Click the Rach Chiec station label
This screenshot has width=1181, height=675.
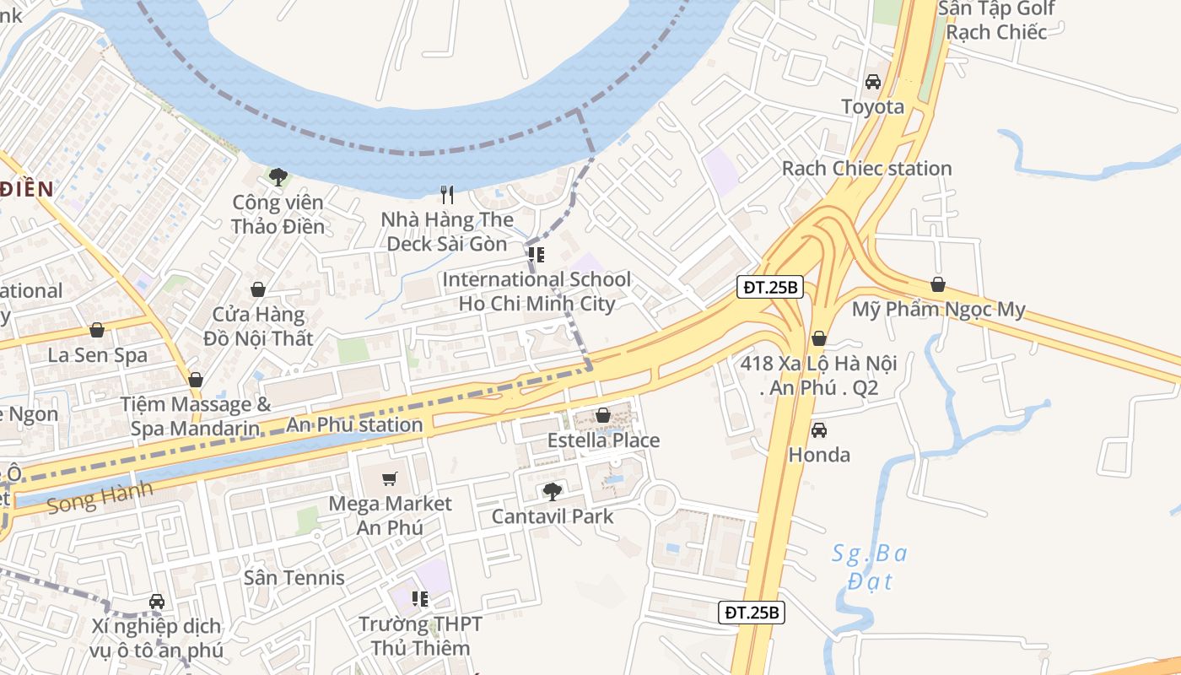[x=866, y=168]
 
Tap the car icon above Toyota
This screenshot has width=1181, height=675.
[x=873, y=82]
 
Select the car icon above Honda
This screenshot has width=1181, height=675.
[x=818, y=430]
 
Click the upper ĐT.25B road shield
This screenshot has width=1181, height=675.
[x=770, y=287]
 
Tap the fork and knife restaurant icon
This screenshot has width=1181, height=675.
[x=447, y=195]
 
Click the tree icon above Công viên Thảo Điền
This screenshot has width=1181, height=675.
[x=278, y=176]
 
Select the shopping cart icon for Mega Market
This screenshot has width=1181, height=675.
[x=389, y=479]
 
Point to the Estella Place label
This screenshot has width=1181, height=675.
[x=603, y=440]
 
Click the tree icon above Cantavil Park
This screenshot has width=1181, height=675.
[x=552, y=491]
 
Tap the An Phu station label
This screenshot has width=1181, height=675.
[x=354, y=424]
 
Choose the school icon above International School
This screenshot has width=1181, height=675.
[x=536, y=254]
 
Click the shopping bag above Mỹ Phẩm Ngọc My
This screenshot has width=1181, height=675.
[x=937, y=284]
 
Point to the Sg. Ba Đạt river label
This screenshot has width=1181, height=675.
[x=869, y=567]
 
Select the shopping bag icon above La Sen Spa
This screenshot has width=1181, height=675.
[x=97, y=330]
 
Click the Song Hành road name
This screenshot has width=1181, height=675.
[x=100, y=497]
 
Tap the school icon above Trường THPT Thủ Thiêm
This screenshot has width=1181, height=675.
[x=420, y=599]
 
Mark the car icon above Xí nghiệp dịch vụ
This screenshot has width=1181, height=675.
[x=156, y=602]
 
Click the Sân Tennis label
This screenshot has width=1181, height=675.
[x=294, y=578]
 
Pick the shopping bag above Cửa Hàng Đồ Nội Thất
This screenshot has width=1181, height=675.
[x=258, y=289]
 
